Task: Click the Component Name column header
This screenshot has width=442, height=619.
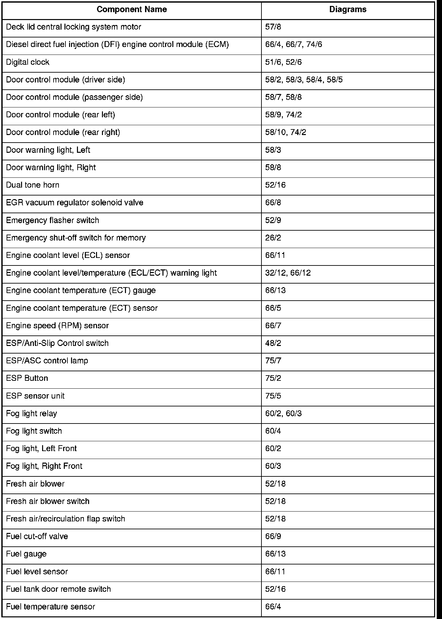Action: point(132,10)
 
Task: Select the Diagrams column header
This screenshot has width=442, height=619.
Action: point(348,10)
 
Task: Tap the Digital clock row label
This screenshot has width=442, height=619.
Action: point(28,62)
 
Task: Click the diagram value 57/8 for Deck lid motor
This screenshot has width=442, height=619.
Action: point(273,27)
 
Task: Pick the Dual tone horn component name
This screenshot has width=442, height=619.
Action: point(33,185)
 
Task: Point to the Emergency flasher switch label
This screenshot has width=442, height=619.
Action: point(52,220)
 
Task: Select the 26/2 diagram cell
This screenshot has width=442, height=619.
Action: point(273,238)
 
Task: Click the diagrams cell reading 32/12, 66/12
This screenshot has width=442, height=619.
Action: point(288,273)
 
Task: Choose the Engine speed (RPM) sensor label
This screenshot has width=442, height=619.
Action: point(57,326)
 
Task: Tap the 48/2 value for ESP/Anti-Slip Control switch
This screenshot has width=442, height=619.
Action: point(273,343)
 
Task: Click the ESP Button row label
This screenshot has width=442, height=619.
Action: point(27,378)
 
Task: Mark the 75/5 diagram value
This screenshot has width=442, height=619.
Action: point(273,396)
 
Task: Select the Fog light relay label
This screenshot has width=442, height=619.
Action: point(31,413)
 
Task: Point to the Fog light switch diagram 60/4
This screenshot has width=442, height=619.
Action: point(273,431)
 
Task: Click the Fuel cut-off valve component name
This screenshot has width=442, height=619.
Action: point(37,536)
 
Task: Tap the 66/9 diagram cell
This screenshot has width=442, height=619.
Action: point(273,536)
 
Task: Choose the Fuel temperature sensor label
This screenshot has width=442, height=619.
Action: point(50,607)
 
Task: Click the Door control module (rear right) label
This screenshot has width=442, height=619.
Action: point(63,132)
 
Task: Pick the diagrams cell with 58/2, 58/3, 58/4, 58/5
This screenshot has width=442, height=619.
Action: point(304,80)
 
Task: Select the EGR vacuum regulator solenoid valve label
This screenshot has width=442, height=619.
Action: point(75,203)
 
